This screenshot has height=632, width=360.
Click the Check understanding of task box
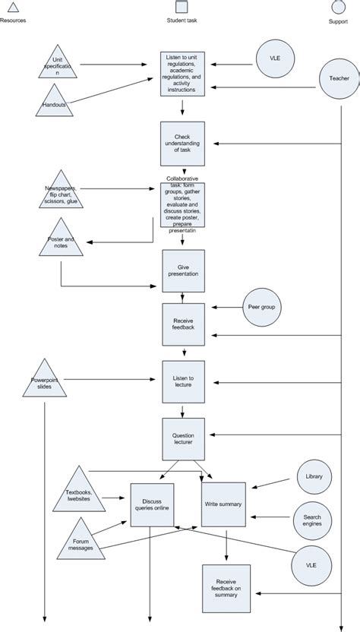click(x=182, y=144)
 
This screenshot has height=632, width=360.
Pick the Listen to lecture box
click(x=182, y=382)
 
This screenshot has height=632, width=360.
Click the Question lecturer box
click(x=182, y=439)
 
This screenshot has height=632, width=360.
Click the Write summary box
click(x=223, y=504)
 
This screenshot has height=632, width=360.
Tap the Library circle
click(x=314, y=477)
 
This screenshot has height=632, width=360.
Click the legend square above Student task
click(x=182, y=8)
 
